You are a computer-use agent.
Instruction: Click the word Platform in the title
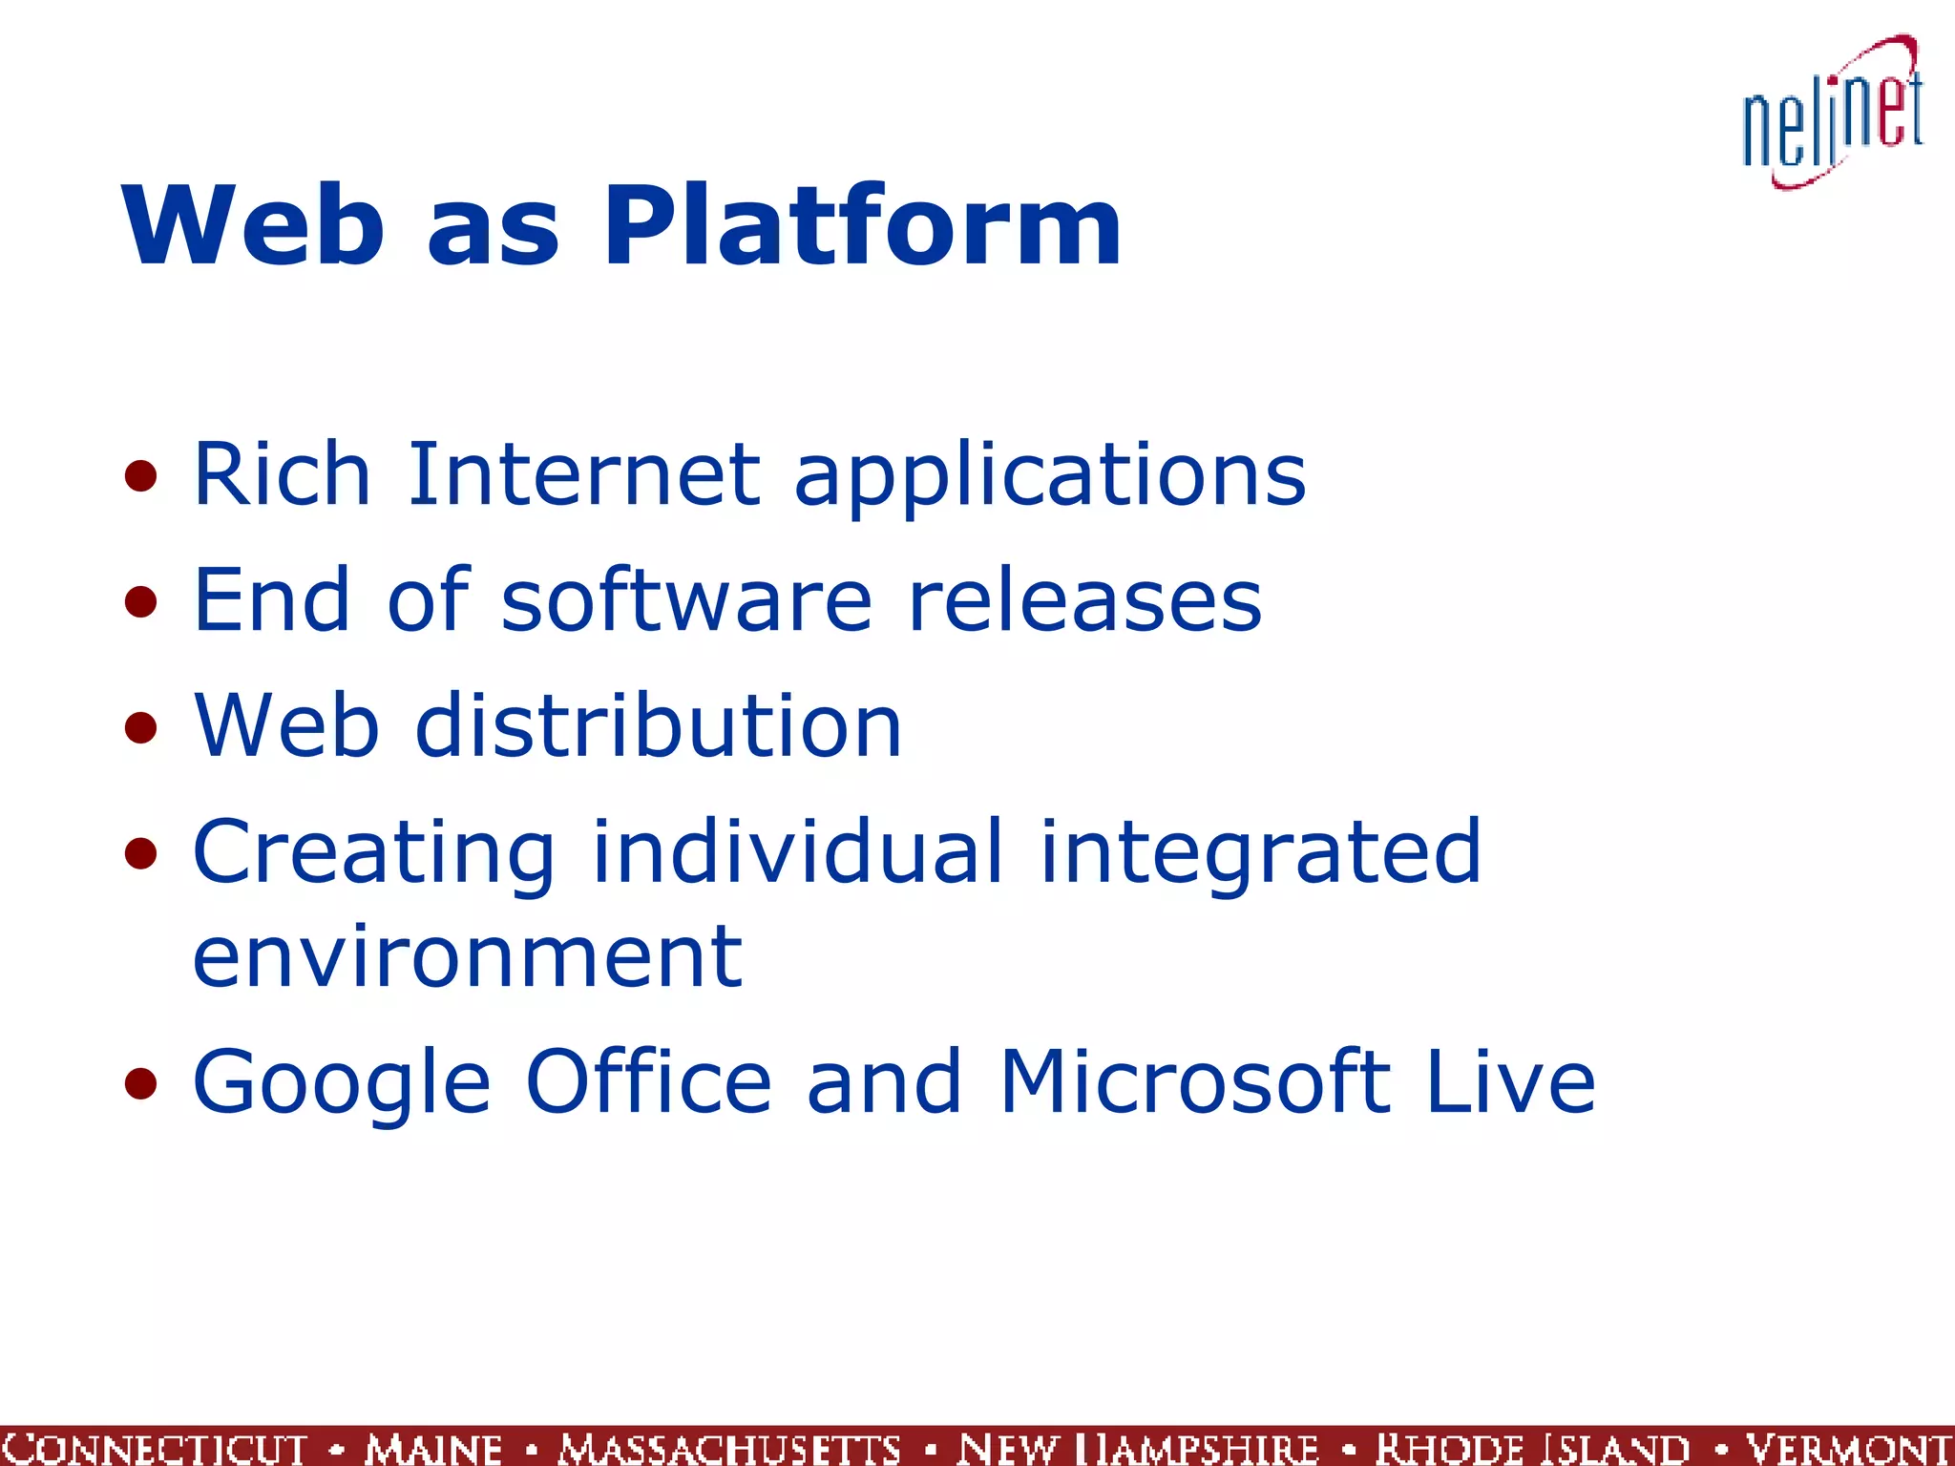pos(862,226)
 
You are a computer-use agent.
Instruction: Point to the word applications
pos(1049,477)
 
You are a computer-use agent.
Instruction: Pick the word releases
pos(1084,601)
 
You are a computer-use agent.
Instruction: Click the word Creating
pos(373,853)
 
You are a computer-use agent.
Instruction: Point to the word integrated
pos(1260,853)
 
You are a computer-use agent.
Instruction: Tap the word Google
pos(342,1084)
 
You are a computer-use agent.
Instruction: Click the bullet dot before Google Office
pos(140,1083)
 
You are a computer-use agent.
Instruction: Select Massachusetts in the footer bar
pos(729,1448)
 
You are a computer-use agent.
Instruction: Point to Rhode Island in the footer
pos(1532,1448)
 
